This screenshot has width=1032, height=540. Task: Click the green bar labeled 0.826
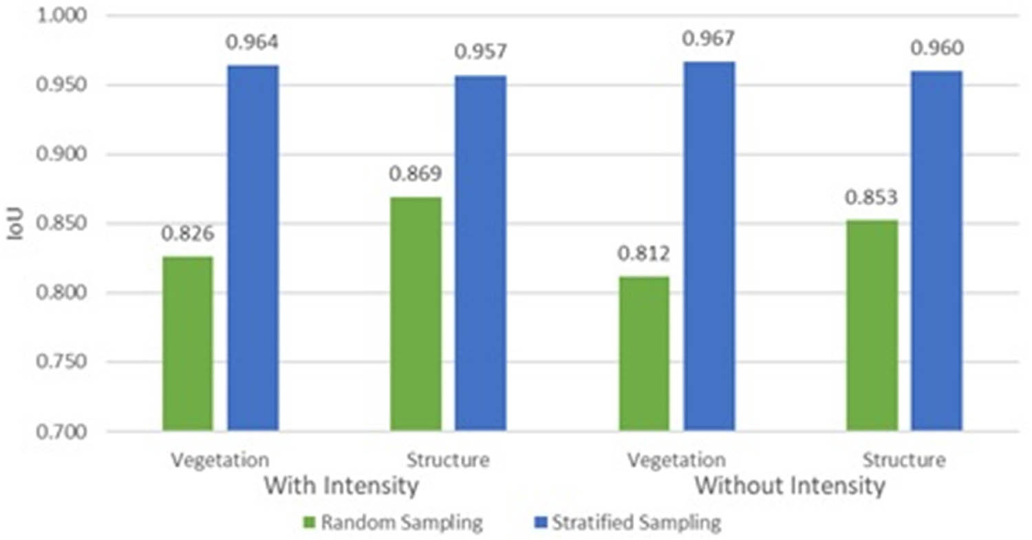[x=188, y=344]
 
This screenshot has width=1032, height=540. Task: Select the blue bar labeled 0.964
[x=253, y=248]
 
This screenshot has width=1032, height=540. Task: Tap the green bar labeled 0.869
[x=416, y=314]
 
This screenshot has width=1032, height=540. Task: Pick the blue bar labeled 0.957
[x=481, y=253]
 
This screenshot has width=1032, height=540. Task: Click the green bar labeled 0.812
[x=644, y=354]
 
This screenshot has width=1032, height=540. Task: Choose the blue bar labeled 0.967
[x=709, y=246]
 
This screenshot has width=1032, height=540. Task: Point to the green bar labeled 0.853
[x=872, y=325]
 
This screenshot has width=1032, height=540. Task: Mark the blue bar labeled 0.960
[x=937, y=251]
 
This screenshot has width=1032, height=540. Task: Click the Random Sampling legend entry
[x=393, y=523]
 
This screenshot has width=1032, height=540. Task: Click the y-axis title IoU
[x=15, y=224]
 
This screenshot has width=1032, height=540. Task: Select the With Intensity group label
[x=342, y=486]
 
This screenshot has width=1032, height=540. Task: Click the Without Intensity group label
[x=789, y=486]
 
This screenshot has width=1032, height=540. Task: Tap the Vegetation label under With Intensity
[x=220, y=460]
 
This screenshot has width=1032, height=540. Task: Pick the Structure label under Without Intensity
[x=904, y=460]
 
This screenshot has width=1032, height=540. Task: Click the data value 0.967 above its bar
[x=709, y=39]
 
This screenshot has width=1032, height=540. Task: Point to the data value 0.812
[x=644, y=254]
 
